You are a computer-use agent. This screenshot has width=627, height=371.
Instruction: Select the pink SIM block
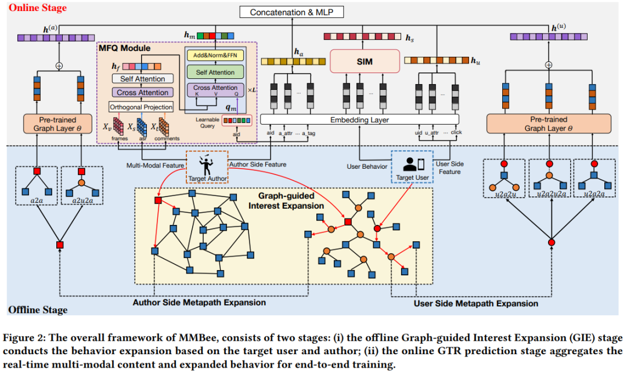click(365, 61)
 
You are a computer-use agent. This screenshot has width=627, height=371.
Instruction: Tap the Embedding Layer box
click(359, 120)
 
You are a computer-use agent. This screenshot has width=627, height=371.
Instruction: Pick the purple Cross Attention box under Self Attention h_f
click(142, 92)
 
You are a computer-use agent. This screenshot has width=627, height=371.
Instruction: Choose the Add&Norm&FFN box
click(214, 57)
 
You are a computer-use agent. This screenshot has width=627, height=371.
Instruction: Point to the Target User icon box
click(413, 166)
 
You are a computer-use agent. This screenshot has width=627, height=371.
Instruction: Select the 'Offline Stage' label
click(38, 310)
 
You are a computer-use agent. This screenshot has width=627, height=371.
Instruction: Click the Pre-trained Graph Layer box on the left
click(57, 123)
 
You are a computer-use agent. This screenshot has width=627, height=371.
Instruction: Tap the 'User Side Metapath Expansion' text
click(476, 303)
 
